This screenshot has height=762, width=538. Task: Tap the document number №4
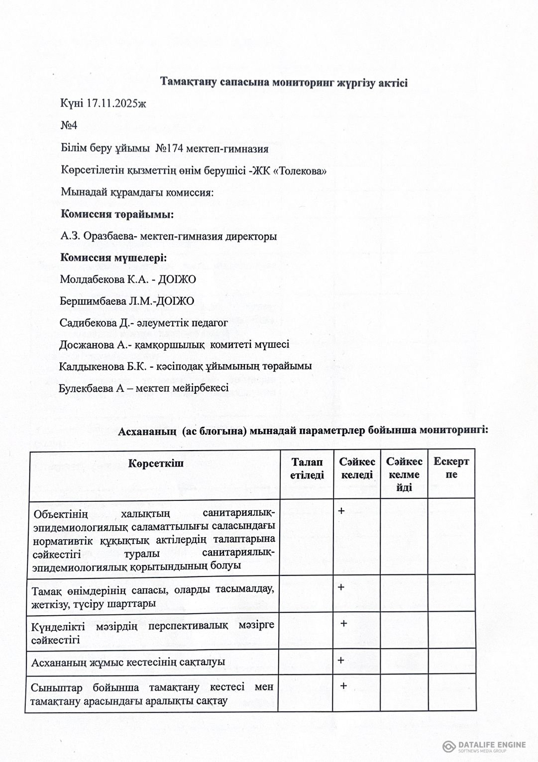click(x=69, y=125)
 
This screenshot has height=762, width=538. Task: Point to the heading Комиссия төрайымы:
click(x=117, y=214)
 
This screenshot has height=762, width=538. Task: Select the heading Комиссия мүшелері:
click(x=113, y=258)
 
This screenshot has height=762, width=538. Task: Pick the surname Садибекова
click(x=88, y=323)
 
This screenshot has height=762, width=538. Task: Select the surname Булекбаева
click(x=86, y=388)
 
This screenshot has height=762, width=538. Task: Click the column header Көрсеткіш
click(x=156, y=464)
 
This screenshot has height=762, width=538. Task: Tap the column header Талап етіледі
click(x=307, y=469)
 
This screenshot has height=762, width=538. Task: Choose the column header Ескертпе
click(x=451, y=468)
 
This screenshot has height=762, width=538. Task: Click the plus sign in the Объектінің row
click(x=341, y=511)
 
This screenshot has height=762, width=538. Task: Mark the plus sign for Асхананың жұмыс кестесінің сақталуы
click(x=341, y=661)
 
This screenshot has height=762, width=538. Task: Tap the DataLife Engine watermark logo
click(x=449, y=746)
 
